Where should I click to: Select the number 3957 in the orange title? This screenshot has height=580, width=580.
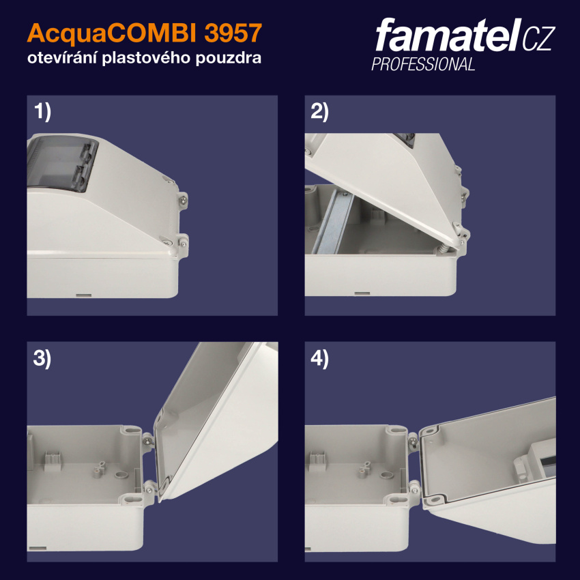coord(233,33)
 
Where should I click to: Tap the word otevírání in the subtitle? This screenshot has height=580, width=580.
coord(62,58)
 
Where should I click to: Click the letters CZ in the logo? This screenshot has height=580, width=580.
coord(538,38)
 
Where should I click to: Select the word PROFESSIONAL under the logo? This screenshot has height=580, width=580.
coord(423,64)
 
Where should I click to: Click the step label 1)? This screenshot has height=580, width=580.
coord(42,112)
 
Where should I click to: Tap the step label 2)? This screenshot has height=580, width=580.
coord(319,112)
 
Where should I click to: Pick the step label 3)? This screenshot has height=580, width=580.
coord(42,359)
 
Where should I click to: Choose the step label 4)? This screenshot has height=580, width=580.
coord(319,359)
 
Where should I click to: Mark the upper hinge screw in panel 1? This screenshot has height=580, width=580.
coord(184,200)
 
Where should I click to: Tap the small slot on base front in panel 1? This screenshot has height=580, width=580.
coord(84,295)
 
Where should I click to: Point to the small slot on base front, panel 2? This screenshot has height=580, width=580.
coord(362,293)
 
